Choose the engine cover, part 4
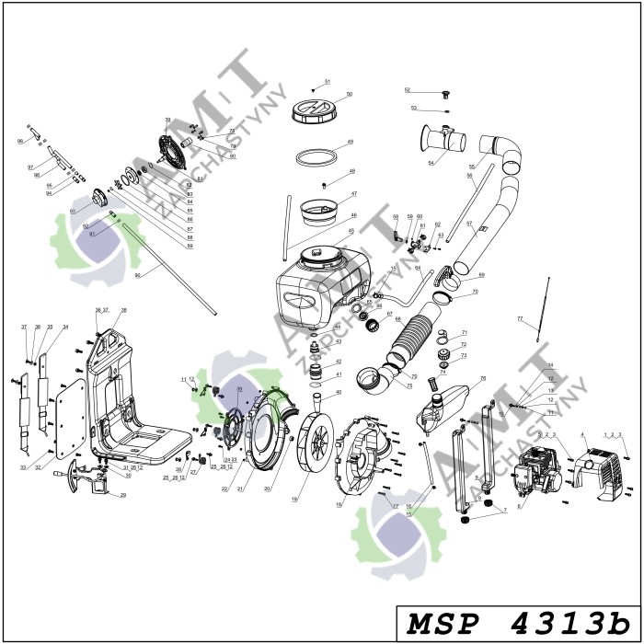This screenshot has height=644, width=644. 599,469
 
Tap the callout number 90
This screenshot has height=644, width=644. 137,275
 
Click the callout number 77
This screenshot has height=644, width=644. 520,318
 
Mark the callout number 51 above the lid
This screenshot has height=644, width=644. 327,82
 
